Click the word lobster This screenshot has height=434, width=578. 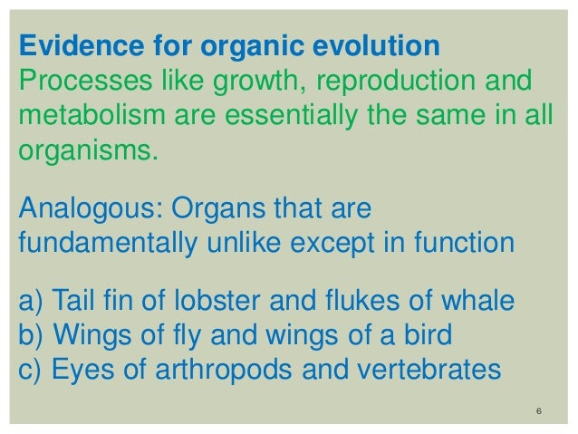[x=226, y=301]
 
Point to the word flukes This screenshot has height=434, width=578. [x=371, y=301]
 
